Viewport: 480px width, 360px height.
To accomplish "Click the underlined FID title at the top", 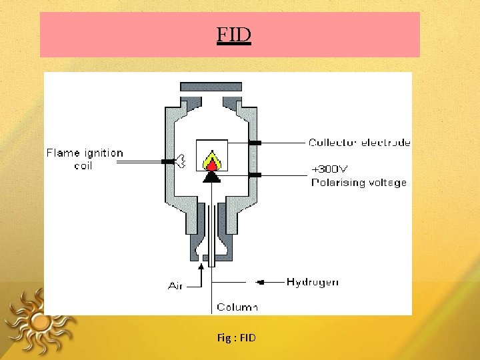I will pos(233,34).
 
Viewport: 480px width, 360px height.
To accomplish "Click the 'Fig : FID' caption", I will pos(236,338).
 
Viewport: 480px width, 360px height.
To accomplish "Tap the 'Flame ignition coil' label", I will pos(84,159).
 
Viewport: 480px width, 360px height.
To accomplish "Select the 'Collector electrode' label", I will pos(359,142).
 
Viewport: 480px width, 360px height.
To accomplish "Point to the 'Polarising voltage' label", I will pos(359,182).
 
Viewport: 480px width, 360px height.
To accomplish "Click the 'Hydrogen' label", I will pos(312,282).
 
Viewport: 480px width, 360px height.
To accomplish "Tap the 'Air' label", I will pos(175,285).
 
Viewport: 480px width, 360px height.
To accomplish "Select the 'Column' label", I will pos(237,307).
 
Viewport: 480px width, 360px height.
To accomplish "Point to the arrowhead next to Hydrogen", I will pos(261,282).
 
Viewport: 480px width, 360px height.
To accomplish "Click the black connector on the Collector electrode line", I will pos(255,143).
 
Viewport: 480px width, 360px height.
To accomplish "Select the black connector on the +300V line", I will pos(255,175).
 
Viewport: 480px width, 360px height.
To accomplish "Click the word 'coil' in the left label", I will pos(83,165).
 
